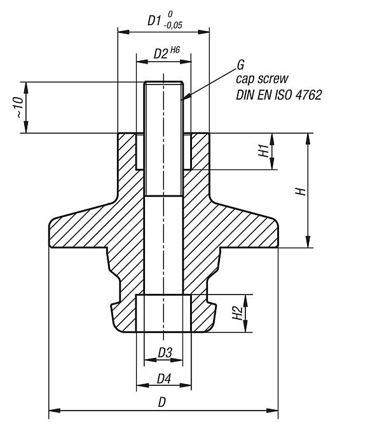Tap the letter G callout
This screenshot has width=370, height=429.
point(240,65)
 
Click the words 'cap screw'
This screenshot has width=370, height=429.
point(262,79)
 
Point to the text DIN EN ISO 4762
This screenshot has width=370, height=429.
point(278,95)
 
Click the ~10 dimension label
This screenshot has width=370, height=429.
point(21,107)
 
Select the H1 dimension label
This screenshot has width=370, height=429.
point(263,151)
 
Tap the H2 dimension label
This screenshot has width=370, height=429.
point(236,313)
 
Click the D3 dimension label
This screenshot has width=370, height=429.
point(164,352)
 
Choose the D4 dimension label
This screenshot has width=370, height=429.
point(164,379)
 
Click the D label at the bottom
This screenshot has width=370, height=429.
point(163,402)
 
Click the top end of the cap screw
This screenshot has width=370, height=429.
point(164,82)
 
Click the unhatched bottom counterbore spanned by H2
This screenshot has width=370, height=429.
point(164,313)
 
